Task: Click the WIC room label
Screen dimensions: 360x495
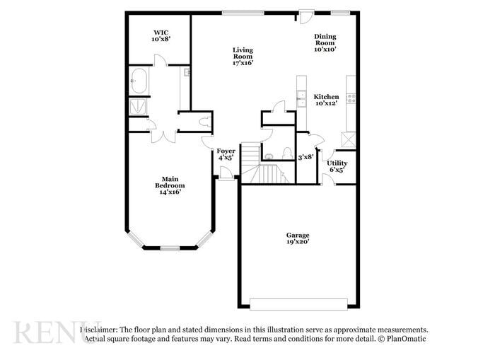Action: point(160,36)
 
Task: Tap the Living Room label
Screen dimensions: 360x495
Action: point(243,56)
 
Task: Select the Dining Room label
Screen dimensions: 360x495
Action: point(325,42)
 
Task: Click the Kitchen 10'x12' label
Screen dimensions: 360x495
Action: point(326,100)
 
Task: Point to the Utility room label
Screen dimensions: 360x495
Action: point(337,166)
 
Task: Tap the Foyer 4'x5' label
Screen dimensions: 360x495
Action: point(226,153)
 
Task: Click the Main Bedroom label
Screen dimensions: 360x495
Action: point(170,185)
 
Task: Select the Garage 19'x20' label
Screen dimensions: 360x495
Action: point(298,238)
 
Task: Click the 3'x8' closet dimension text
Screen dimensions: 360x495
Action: point(305,157)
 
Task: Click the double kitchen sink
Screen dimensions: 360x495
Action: point(301,98)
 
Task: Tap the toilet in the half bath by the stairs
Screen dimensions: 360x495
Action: point(287,153)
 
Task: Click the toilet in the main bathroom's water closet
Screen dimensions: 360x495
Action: point(204,122)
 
